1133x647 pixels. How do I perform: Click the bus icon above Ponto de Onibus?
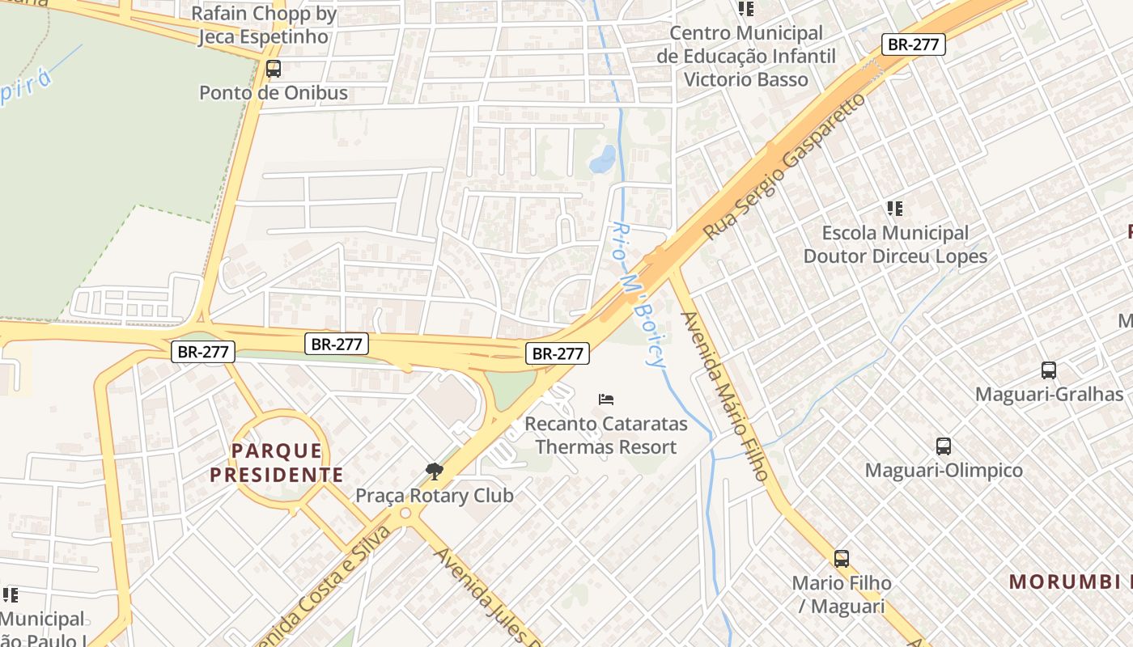tap(274, 69)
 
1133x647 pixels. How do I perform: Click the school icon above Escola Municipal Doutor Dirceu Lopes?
tap(894, 209)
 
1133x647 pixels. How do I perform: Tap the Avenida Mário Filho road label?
tap(724, 396)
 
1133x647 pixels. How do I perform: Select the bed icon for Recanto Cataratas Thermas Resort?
tap(606, 399)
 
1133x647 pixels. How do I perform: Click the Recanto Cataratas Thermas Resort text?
tap(606, 435)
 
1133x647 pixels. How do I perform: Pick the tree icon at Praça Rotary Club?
tap(435, 472)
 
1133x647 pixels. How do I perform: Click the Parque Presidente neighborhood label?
tap(277, 463)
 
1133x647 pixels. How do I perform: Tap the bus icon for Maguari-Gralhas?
tap(1048, 370)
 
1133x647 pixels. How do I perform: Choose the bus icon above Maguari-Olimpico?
tap(944, 446)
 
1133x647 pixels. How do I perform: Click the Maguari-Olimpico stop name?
tap(944, 470)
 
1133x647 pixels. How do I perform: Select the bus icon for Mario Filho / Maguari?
tap(842, 559)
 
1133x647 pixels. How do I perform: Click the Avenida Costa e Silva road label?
tap(324, 586)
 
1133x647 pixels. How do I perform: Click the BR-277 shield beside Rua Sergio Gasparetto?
tap(913, 44)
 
